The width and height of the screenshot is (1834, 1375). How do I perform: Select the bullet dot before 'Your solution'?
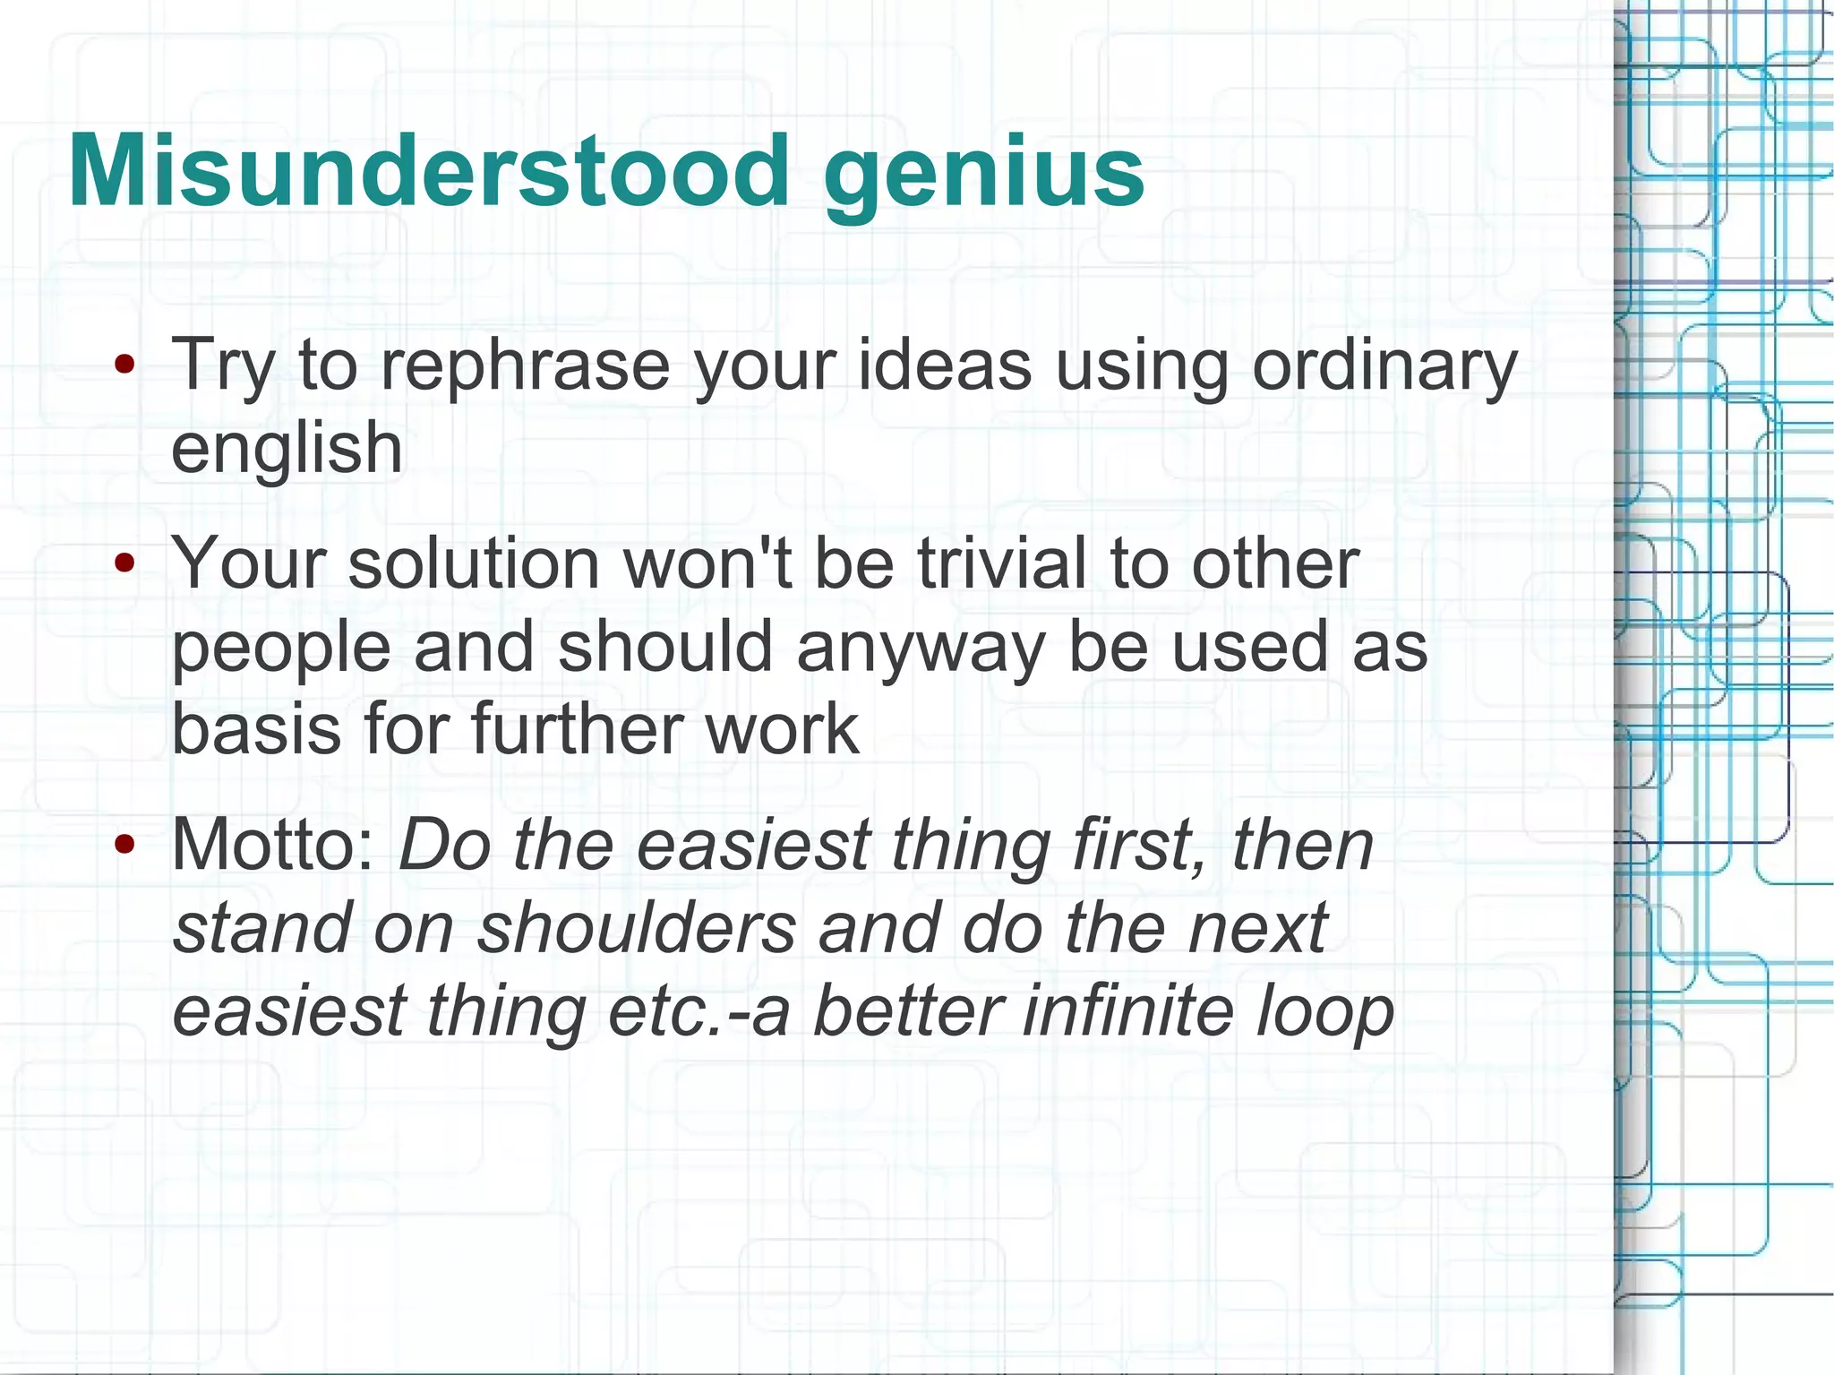(125, 563)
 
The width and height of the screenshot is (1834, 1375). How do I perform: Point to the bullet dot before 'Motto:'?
(125, 844)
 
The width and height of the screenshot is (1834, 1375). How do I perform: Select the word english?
(287, 448)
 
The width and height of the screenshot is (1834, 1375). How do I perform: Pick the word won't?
(707, 564)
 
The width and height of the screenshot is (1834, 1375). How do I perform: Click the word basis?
(256, 729)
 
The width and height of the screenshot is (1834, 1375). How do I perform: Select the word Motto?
(273, 846)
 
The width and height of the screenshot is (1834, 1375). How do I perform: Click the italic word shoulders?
(637, 928)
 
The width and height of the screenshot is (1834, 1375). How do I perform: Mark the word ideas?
(946, 365)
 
